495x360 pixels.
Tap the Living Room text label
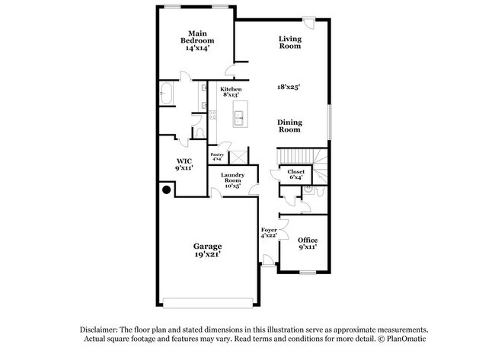click(x=289, y=42)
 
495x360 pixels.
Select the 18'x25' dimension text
click(x=289, y=87)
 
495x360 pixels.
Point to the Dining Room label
click(x=289, y=126)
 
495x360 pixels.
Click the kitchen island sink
click(x=238, y=117)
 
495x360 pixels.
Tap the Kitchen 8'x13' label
click(x=230, y=92)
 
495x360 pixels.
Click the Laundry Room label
click(x=232, y=180)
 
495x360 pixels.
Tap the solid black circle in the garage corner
click(x=165, y=191)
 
